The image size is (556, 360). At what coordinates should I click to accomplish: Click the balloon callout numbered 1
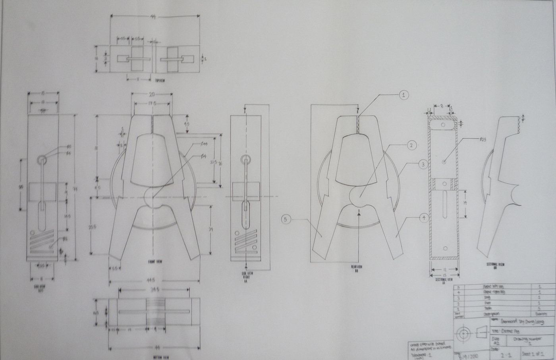tap(403, 95)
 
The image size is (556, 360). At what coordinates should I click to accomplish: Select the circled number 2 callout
tap(411, 146)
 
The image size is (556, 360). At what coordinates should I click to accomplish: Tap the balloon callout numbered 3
tap(423, 164)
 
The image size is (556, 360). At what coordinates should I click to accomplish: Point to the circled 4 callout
tap(423, 217)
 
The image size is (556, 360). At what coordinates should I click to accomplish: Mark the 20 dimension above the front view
tap(151, 94)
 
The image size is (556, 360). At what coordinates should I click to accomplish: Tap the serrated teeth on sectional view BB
tap(518, 124)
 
